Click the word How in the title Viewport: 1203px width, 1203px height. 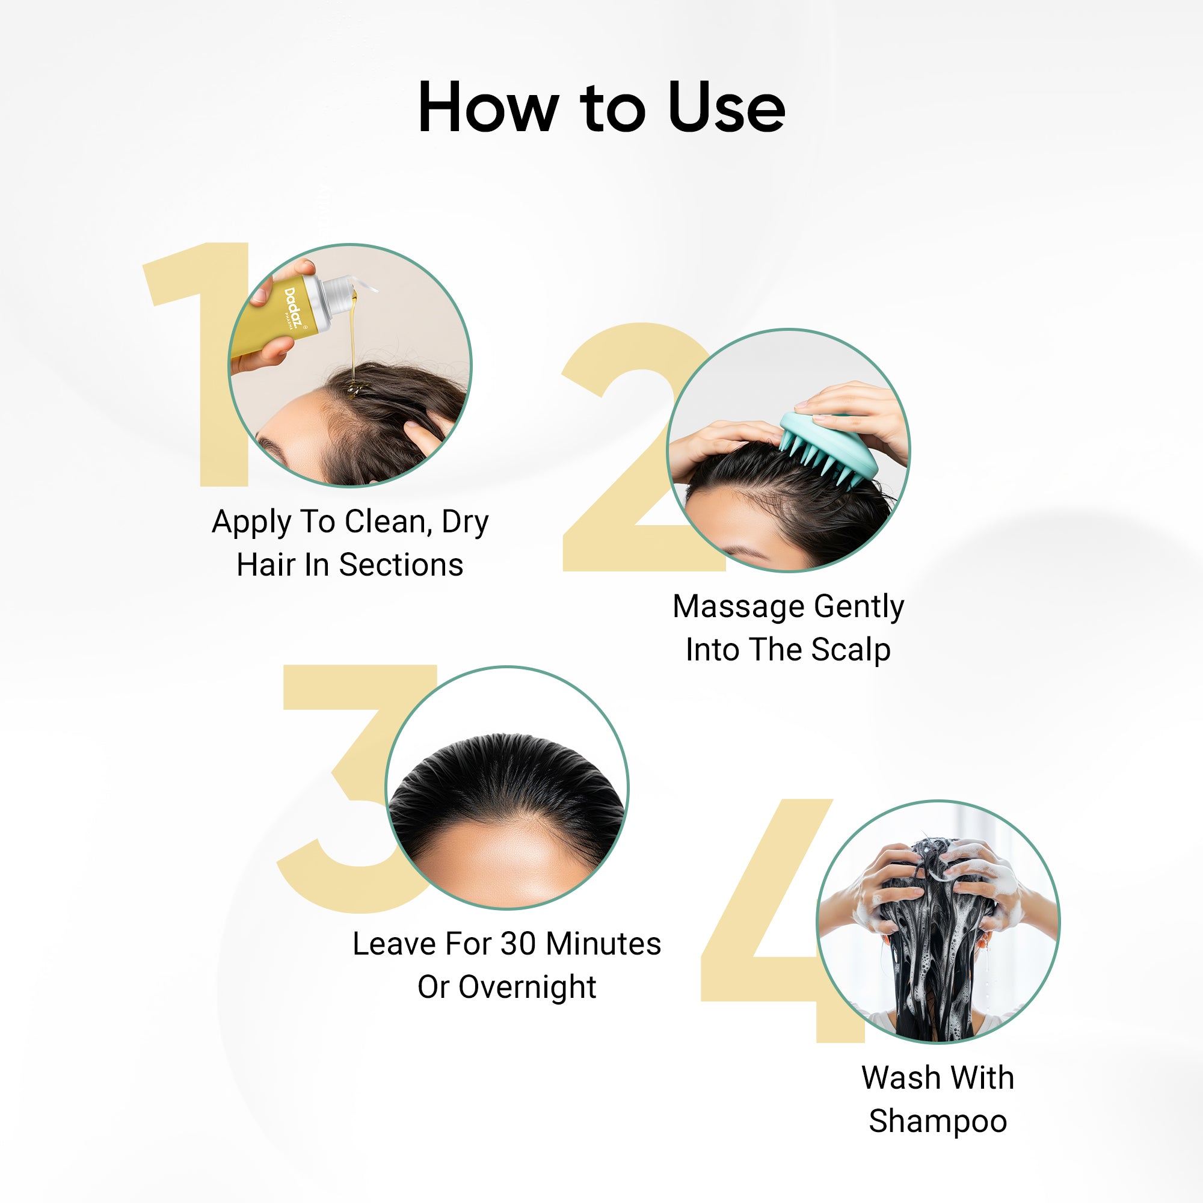(487, 108)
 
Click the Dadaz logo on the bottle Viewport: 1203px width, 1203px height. (295, 306)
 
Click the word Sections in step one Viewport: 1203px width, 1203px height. (401, 565)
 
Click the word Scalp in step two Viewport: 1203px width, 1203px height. (851, 650)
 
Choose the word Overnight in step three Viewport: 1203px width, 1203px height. (528, 988)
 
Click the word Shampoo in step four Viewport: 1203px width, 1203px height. (938, 1121)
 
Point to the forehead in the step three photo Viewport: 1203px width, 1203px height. (508, 866)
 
